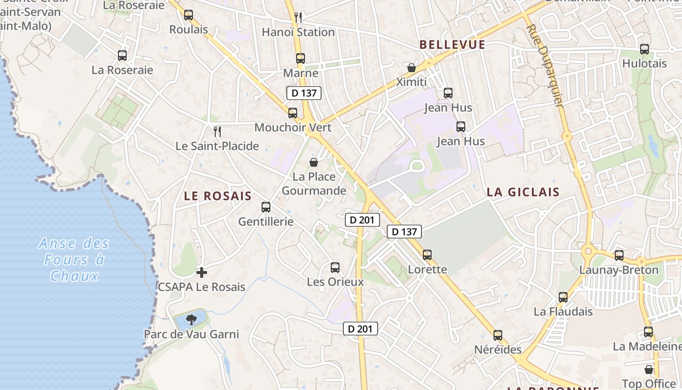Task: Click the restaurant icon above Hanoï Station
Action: click(298, 18)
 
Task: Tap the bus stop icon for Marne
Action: click(301, 58)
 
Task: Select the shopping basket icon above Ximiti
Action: click(412, 67)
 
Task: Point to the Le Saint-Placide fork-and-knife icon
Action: click(217, 131)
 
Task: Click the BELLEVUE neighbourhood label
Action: click(452, 45)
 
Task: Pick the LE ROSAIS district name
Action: click(218, 196)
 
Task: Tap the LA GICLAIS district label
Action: click(523, 192)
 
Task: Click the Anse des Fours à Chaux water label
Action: click(74, 259)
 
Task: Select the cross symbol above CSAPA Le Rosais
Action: click(202, 272)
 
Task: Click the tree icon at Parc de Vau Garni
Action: click(191, 320)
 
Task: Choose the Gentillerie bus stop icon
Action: click(266, 207)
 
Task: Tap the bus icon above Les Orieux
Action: click(335, 268)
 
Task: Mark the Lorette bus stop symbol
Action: click(427, 255)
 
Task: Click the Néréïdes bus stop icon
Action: click(498, 335)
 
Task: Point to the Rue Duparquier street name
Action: click(546, 66)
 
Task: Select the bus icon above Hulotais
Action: click(644, 49)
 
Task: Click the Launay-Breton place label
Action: click(618, 270)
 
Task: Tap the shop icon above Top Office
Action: click(648, 370)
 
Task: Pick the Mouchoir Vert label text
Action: click(293, 128)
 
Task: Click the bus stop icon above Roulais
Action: click(189, 15)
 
